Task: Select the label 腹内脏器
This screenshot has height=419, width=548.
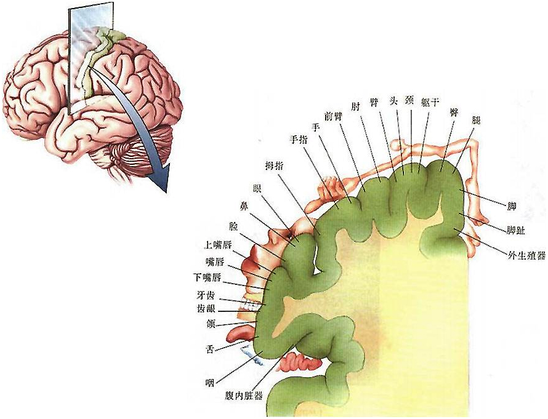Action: (x=244, y=396)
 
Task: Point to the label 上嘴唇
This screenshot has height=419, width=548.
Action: (x=218, y=244)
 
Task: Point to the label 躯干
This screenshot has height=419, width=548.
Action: (x=430, y=102)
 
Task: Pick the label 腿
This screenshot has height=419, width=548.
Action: (x=475, y=119)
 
